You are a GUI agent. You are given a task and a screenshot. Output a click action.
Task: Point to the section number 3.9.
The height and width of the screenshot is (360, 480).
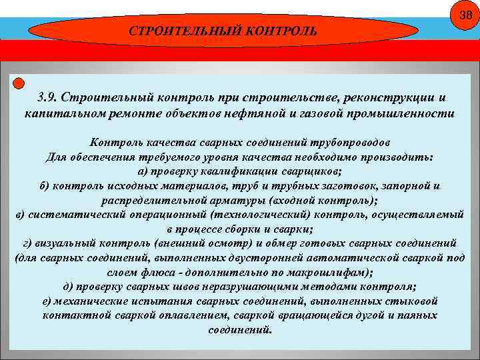[x=50, y=98]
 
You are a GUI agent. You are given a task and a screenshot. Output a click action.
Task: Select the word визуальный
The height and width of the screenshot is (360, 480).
[x=63, y=242]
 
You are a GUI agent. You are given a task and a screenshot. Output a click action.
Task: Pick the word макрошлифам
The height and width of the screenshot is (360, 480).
[x=332, y=272]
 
